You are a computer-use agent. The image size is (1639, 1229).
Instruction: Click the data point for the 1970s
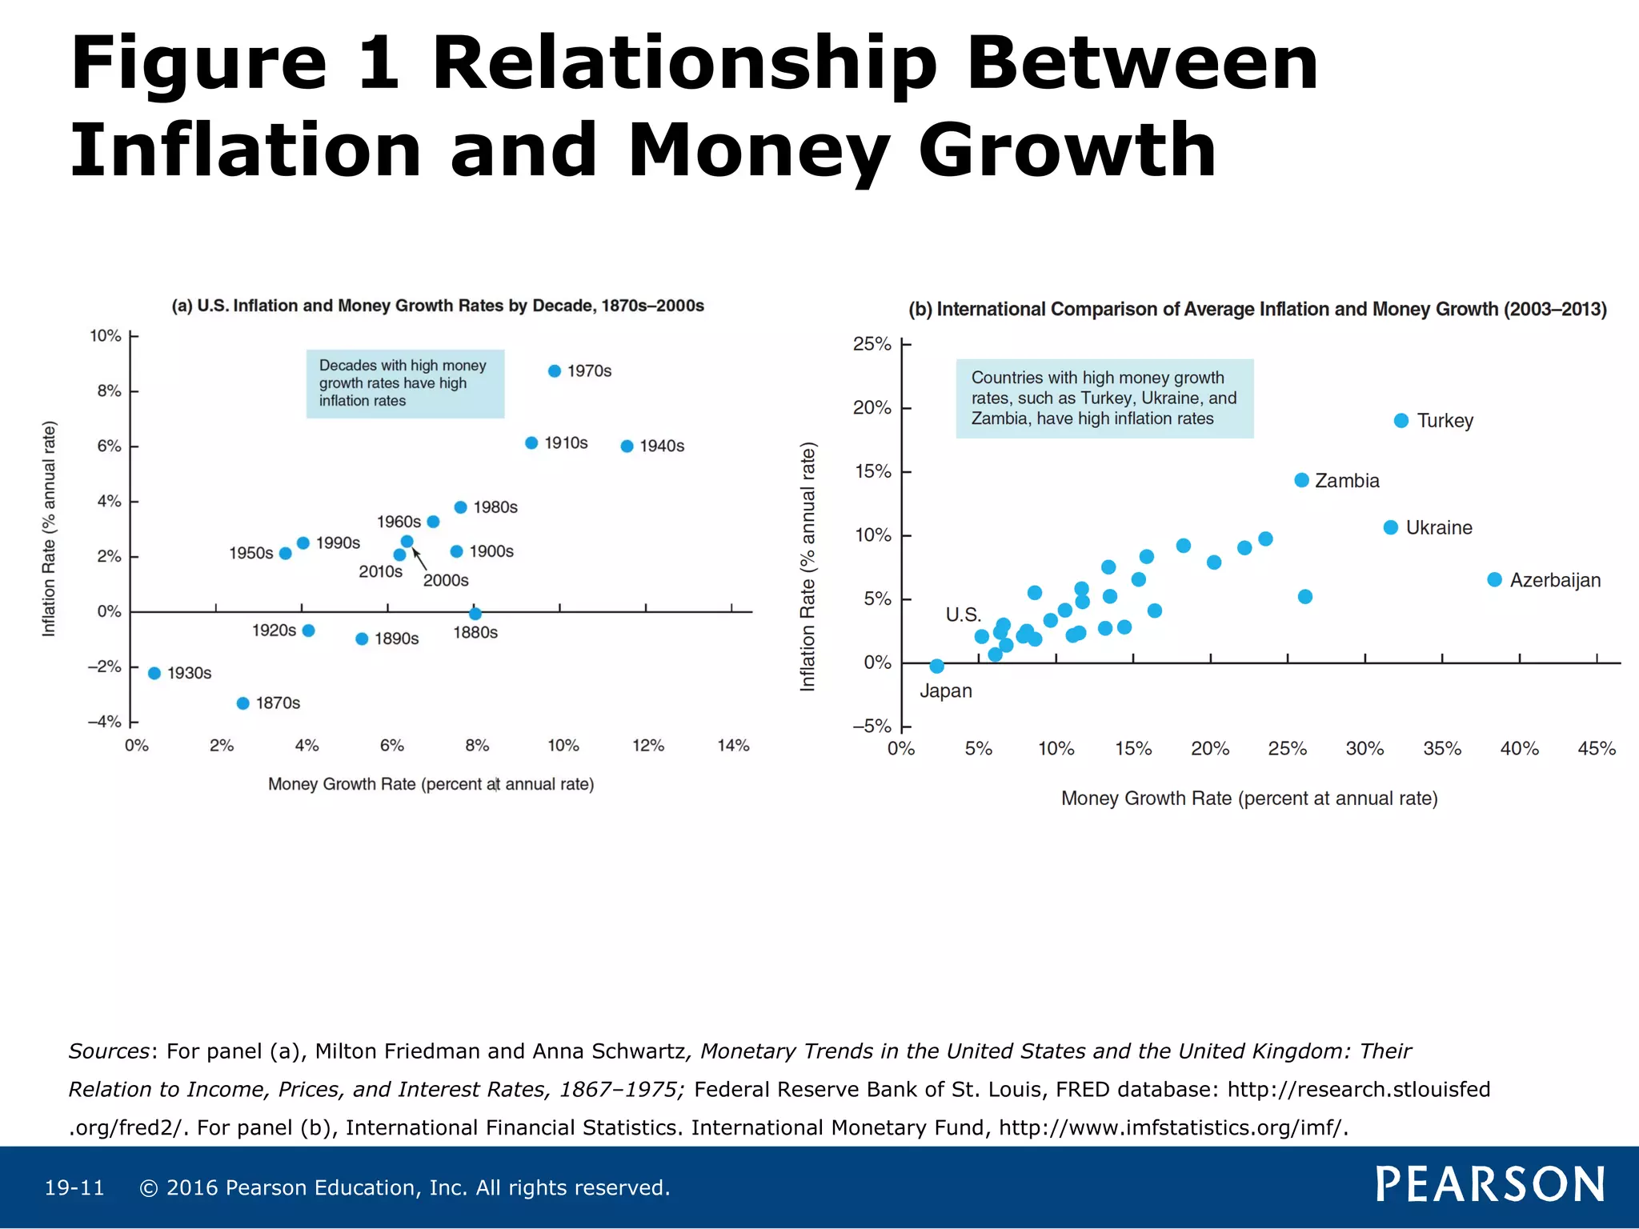(554, 371)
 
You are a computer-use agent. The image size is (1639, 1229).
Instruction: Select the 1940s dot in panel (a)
(627, 446)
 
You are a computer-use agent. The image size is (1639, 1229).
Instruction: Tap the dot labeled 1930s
(154, 674)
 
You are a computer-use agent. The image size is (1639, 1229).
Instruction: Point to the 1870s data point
(243, 703)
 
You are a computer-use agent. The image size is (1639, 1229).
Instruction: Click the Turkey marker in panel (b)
(1401, 421)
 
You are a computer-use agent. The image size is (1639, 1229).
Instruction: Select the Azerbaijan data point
(1494, 580)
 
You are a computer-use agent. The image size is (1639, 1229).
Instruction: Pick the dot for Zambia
(1301, 480)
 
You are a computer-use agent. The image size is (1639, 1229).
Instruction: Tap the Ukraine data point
(1390, 528)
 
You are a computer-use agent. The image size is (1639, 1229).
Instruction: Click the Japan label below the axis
(945, 691)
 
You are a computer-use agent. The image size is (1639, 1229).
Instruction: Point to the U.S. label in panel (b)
(963, 614)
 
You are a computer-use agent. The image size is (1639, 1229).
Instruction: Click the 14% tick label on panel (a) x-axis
(733, 746)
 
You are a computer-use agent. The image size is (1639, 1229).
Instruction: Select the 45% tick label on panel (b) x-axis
(1597, 749)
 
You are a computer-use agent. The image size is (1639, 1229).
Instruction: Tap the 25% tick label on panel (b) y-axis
(872, 344)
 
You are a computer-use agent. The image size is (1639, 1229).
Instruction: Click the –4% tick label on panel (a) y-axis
(105, 722)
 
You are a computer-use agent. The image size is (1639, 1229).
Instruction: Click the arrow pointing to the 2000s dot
(419, 559)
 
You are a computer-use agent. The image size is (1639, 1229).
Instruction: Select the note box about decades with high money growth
(405, 383)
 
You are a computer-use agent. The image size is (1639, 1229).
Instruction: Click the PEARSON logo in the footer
(1489, 1184)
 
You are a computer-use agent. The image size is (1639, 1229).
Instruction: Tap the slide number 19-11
(74, 1188)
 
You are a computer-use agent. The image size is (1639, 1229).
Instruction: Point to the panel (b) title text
(1257, 310)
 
